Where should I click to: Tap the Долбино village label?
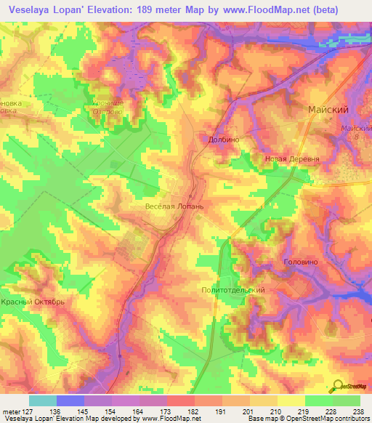[x=225, y=139]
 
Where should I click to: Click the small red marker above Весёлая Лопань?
[x=190, y=196]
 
